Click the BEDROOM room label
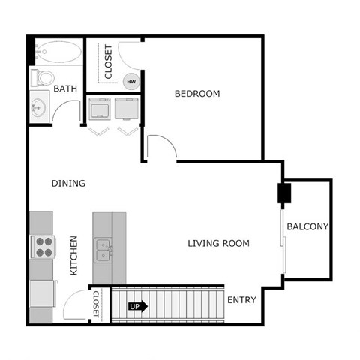(x=197, y=94)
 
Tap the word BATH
(x=65, y=89)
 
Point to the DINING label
(x=68, y=183)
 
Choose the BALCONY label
(x=307, y=226)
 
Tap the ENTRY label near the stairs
(x=241, y=300)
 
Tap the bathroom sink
(x=40, y=106)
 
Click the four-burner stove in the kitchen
(x=42, y=247)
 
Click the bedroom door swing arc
(x=160, y=145)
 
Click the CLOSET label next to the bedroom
(x=108, y=61)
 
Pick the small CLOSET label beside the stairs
(x=95, y=304)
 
